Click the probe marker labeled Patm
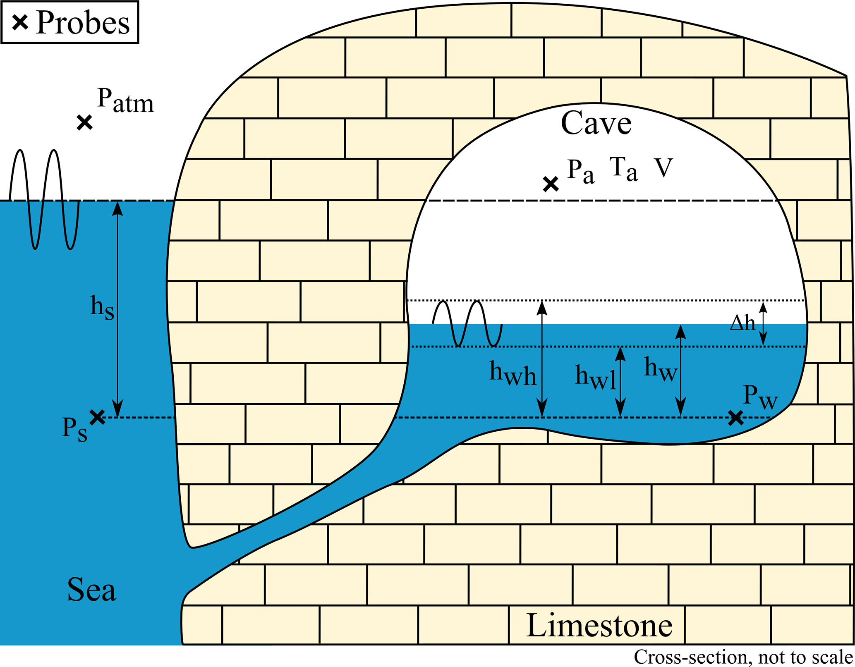pos(84,123)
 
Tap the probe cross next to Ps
pos(98,417)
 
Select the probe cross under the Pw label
pos(735,418)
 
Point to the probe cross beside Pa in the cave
pos(551,184)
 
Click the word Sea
pos(91,590)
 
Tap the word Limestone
pos(599,626)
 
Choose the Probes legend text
pos(83,22)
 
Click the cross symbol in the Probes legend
pos(20,22)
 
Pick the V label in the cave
pos(663,167)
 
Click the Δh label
pos(742,323)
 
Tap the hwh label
pos(513,373)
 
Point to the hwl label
pos(595,377)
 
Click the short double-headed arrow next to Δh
pos(764,323)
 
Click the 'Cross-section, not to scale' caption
pos(743,657)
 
